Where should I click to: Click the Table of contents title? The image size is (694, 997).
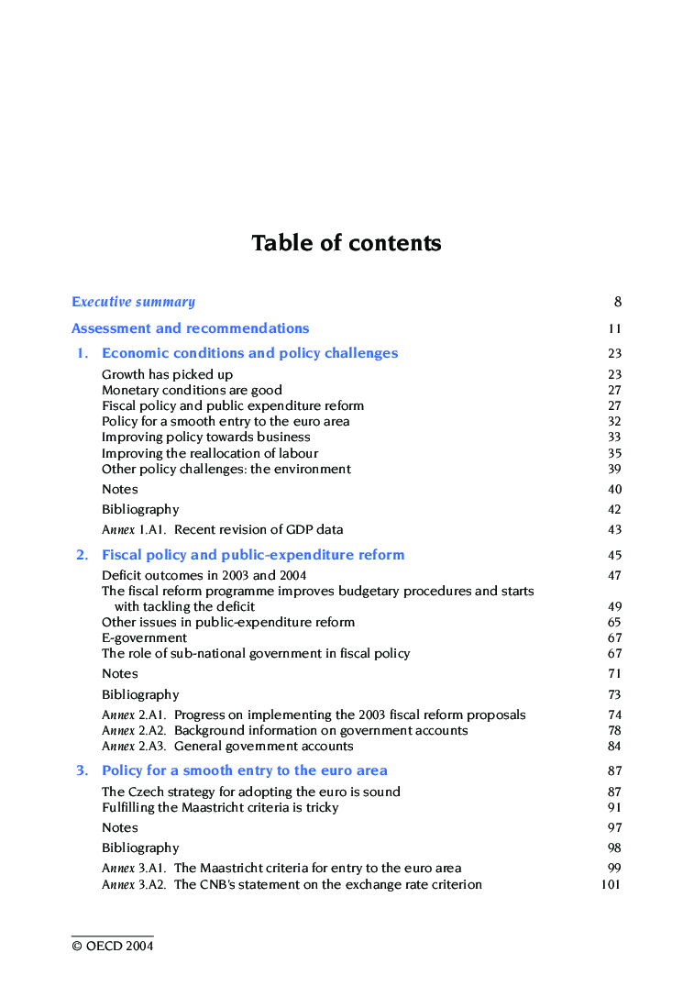[347, 243]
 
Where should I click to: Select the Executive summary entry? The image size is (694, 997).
[133, 302]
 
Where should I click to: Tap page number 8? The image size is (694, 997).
[618, 302]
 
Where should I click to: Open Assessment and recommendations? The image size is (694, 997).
[190, 328]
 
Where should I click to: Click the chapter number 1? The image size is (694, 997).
[83, 353]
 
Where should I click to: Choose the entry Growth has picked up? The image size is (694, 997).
[167, 374]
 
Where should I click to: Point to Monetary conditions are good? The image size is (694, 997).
[192, 390]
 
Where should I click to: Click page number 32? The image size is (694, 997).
[614, 422]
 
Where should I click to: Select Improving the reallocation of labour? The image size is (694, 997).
[210, 453]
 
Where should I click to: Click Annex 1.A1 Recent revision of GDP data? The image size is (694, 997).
[223, 529]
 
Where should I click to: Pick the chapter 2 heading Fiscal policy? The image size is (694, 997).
[253, 555]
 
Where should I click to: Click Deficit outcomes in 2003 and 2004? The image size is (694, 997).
[204, 575]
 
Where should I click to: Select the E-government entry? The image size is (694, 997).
[144, 637]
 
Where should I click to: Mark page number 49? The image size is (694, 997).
[614, 606]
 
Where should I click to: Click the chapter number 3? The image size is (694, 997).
[83, 770]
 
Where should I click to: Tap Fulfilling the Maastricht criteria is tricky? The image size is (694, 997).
[220, 807]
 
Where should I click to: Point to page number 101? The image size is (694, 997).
[611, 884]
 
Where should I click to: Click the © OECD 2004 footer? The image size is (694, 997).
[113, 946]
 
